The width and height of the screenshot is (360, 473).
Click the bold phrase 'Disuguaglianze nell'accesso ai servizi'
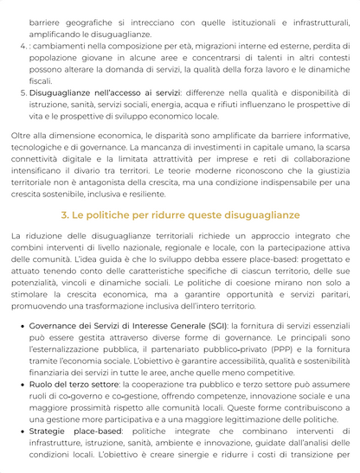[103, 92]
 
